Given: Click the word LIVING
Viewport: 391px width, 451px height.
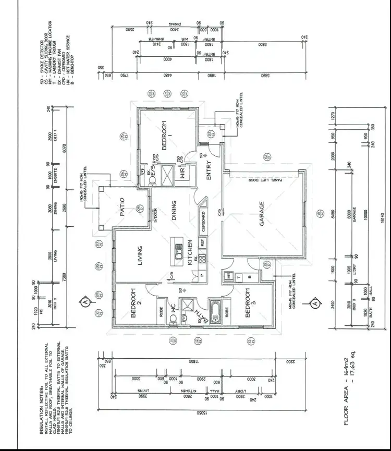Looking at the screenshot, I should click(139, 256).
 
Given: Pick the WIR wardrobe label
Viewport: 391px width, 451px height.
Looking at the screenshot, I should click(182, 173).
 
